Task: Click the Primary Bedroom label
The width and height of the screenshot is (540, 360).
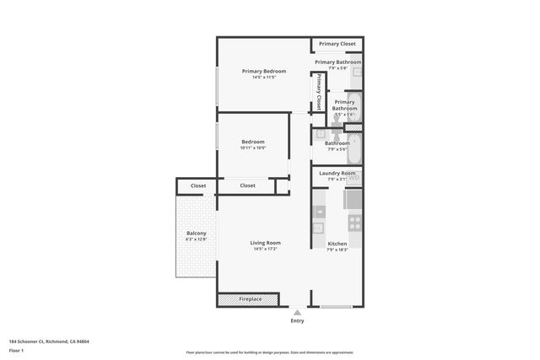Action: pyautogui.click(x=264, y=71)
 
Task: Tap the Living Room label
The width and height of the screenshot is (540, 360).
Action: pyautogui.click(x=264, y=243)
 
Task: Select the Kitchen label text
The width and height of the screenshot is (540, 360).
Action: pyautogui.click(x=337, y=244)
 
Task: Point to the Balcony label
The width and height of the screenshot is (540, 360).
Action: pyautogui.click(x=196, y=233)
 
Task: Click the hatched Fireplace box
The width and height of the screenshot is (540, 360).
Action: pyautogui.click(x=250, y=299)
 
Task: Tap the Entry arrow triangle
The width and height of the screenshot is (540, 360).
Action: pyautogui.click(x=297, y=312)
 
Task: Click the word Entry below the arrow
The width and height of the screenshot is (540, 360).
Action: pyautogui.click(x=297, y=321)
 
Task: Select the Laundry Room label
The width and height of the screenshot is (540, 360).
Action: pyautogui.click(x=337, y=173)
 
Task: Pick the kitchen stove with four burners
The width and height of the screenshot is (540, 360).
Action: pyautogui.click(x=354, y=223)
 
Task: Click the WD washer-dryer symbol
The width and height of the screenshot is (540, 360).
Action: pyautogui.click(x=354, y=178)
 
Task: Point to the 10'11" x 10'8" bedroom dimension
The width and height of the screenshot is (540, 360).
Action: pyautogui.click(x=253, y=148)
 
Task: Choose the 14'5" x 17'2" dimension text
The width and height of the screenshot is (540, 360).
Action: pyautogui.click(x=264, y=250)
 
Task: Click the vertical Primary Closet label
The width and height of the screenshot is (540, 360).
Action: pyautogui.click(x=319, y=93)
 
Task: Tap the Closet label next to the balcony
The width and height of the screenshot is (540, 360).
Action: pyautogui.click(x=198, y=185)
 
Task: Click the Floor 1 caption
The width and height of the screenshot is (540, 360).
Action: pyautogui.click(x=16, y=350)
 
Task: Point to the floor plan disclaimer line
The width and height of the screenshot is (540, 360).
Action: pyautogui.click(x=270, y=352)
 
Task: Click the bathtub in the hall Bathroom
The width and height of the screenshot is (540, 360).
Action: pyautogui.click(x=354, y=150)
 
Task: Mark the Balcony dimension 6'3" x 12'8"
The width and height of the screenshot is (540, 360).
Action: pyautogui.click(x=196, y=239)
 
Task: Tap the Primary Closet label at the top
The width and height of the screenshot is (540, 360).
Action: pyautogui.click(x=337, y=44)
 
